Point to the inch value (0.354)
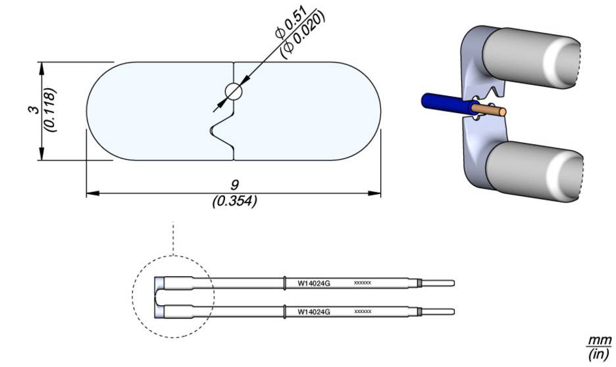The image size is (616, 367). point(234,201)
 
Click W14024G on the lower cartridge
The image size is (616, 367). point(313,310)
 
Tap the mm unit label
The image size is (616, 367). point(598,341)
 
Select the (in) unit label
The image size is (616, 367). point(598,356)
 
